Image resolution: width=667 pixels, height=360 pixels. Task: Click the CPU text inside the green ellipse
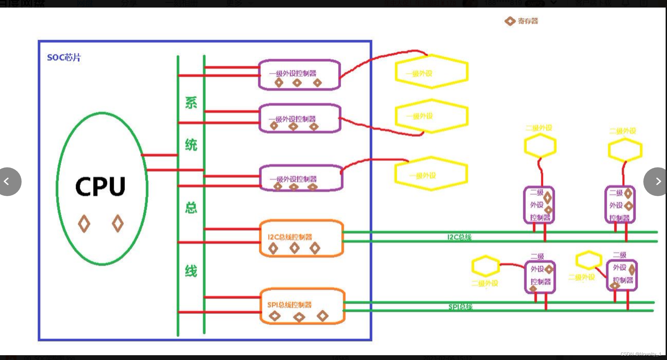(101, 187)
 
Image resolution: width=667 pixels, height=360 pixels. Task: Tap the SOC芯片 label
(64, 57)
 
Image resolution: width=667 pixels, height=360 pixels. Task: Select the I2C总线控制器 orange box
(301, 238)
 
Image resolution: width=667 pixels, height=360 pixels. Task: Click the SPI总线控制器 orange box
(302, 306)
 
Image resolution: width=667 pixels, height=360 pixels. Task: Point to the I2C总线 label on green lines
(459, 237)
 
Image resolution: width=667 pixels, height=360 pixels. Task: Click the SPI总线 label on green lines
(460, 307)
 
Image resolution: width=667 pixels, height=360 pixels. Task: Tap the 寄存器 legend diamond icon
(510, 21)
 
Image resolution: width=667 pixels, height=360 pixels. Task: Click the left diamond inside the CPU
(84, 224)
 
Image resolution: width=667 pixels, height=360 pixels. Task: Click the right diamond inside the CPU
(118, 224)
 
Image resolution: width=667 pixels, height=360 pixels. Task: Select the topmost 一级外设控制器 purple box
(299, 75)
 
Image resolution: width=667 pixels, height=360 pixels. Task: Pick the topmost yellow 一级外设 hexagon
(431, 72)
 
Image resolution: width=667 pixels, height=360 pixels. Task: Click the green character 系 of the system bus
(191, 103)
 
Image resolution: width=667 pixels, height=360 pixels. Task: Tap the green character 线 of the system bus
(191, 271)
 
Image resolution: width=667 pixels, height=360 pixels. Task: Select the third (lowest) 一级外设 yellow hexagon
(431, 174)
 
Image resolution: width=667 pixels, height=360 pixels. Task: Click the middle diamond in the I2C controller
(294, 248)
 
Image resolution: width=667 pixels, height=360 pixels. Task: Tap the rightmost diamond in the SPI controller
(323, 316)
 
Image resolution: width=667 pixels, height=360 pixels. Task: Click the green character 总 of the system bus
(191, 207)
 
